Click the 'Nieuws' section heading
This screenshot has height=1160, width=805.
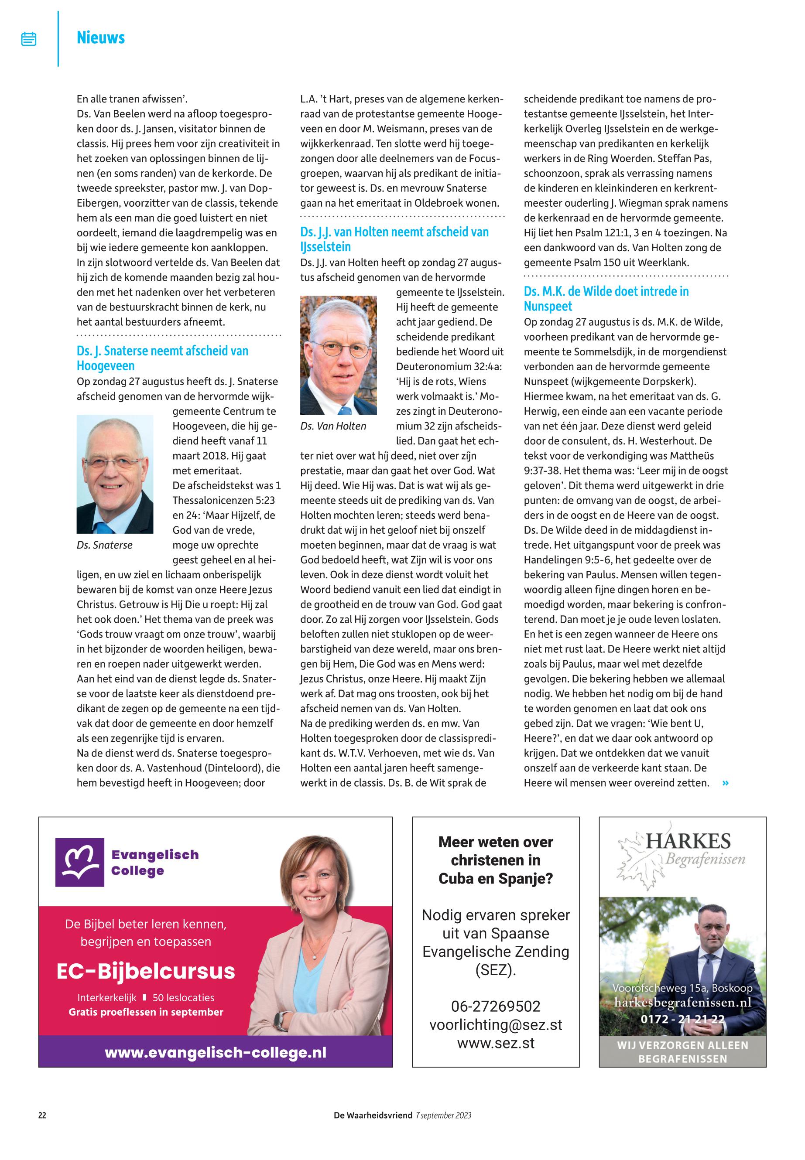100,38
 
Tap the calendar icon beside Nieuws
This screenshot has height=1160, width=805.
29,39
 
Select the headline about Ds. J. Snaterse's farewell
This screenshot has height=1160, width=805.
162,358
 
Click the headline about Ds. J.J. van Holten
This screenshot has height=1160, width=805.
394,239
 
